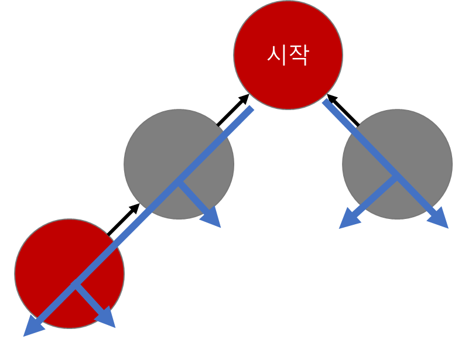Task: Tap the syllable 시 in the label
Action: [276, 55]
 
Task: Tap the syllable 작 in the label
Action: [298, 55]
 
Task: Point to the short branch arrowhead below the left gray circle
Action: [213, 219]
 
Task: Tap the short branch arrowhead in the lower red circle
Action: [107, 319]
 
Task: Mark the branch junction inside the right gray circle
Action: [397, 177]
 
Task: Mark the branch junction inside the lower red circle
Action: [74, 286]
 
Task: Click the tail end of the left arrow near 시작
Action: [252, 108]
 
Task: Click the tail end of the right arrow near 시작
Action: [324, 101]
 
